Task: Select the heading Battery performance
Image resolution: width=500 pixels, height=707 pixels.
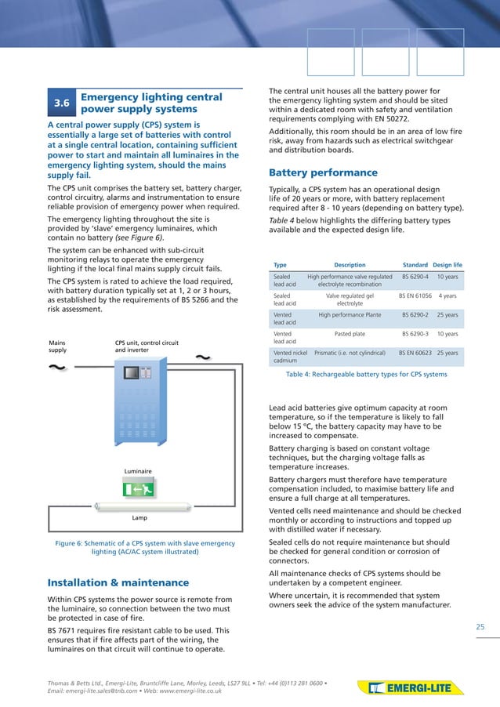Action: point(323,172)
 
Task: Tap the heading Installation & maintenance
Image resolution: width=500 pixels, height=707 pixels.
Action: point(118,582)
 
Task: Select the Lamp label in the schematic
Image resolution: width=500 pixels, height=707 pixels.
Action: point(139,518)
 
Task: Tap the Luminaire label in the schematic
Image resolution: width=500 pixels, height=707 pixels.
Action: point(138,471)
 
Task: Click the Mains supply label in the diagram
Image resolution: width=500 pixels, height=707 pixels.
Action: point(58,346)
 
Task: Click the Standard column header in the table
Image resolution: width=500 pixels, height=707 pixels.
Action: point(415,265)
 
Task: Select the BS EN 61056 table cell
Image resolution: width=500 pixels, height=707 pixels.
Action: point(415,296)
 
